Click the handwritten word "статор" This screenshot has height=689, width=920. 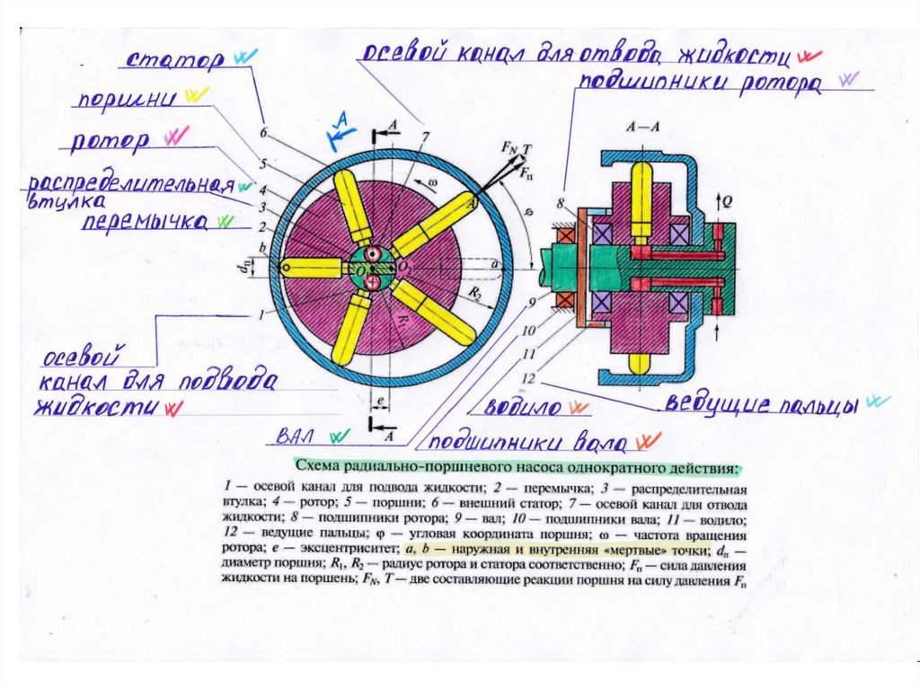(176, 62)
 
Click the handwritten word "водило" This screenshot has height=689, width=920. (523, 406)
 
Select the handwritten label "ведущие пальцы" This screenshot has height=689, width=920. (763, 402)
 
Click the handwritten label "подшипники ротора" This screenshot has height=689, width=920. (699, 84)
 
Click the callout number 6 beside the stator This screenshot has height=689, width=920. (264, 133)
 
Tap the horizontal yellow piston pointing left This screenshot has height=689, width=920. (311, 267)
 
